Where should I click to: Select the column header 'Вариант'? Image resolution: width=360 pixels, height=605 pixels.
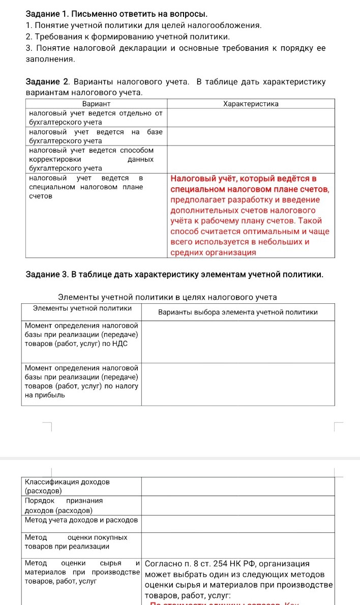(x=96, y=104)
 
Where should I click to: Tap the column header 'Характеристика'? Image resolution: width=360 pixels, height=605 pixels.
(x=251, y=104)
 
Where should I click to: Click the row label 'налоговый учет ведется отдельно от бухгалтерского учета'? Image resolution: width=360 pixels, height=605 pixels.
(x=96, y=118)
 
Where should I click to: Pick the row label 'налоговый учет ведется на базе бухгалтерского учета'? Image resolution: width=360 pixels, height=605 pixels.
(x=96, y=136)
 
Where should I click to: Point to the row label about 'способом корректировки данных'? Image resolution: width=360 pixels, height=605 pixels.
(x=92, y=159)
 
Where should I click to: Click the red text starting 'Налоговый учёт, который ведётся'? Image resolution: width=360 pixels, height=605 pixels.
(x=244, y=179)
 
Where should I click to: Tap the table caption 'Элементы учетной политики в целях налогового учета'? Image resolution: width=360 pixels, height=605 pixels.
(x=167, y=297)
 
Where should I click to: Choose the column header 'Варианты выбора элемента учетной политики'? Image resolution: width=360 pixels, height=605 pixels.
(x=238, y=312)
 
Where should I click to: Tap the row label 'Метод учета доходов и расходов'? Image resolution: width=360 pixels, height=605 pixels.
(x=81, y=520)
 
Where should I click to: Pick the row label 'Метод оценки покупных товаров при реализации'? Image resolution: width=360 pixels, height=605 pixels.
(x=76, y=541)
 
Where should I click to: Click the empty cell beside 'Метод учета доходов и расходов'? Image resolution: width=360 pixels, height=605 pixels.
(x=237, y=523)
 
